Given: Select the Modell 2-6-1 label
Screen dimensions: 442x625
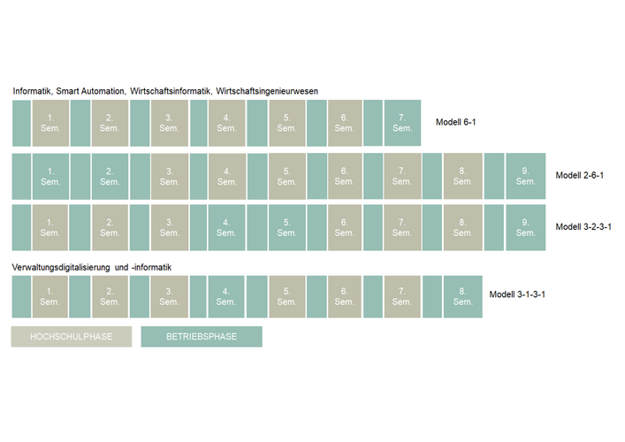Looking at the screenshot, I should (x=579, y=175).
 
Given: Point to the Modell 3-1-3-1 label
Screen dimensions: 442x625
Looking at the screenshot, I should (x=517, y=294).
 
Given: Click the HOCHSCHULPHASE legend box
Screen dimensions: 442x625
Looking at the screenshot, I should (x=71, y=336).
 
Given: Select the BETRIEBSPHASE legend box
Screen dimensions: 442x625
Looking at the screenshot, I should (x=202, y=336).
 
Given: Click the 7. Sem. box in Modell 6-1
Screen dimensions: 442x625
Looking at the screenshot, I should (x=402, y=123).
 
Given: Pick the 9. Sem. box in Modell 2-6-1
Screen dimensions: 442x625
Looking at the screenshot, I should (x=526, y=176).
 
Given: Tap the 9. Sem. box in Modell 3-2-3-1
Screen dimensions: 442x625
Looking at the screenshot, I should (x=526, y=227).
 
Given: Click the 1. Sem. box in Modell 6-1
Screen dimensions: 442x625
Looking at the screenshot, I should (x=50, y=123).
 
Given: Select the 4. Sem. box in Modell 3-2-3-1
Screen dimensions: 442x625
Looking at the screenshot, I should (x=227, y=227).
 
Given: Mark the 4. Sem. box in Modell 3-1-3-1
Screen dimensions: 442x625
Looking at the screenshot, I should (x=227, y=296).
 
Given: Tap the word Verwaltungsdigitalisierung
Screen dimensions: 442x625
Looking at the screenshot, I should (x=66, y=267).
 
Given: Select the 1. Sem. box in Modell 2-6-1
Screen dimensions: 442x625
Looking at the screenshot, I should (x=50, y=176).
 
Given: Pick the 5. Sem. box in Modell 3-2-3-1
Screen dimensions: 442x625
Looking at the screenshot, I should (x=286, y=227).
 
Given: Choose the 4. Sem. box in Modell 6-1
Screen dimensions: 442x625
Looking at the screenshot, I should (x=227, y=123).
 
